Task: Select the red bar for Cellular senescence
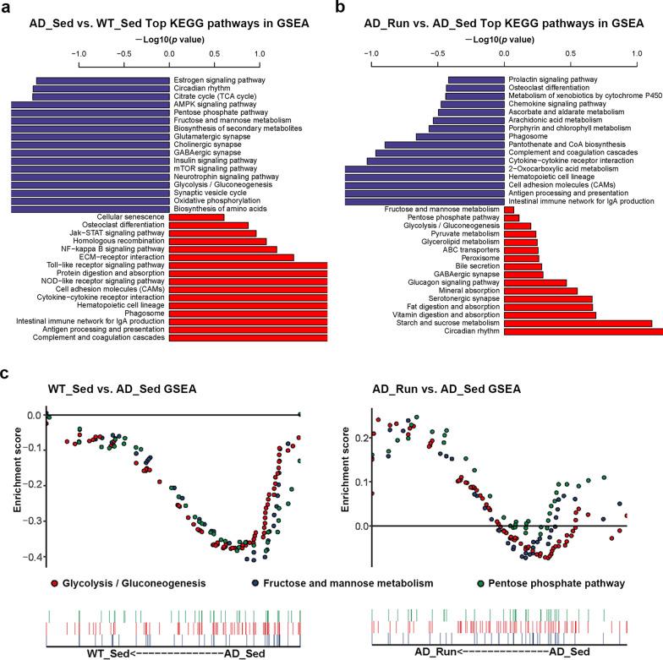pyautogui.click(x=196, y=217)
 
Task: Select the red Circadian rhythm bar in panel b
pyautogui.click(x=584, y=332)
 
